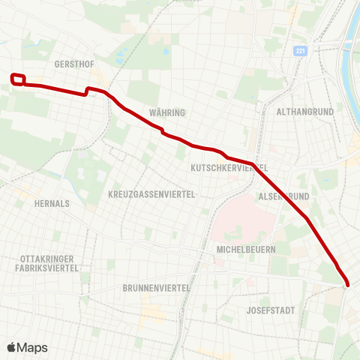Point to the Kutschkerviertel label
(228, 167)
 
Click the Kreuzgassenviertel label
(151, 194)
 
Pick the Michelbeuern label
(246, 249)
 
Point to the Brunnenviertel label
(156, 287)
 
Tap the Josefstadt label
(271, 310)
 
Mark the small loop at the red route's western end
(19, 79)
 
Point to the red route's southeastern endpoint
(347, 283)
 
